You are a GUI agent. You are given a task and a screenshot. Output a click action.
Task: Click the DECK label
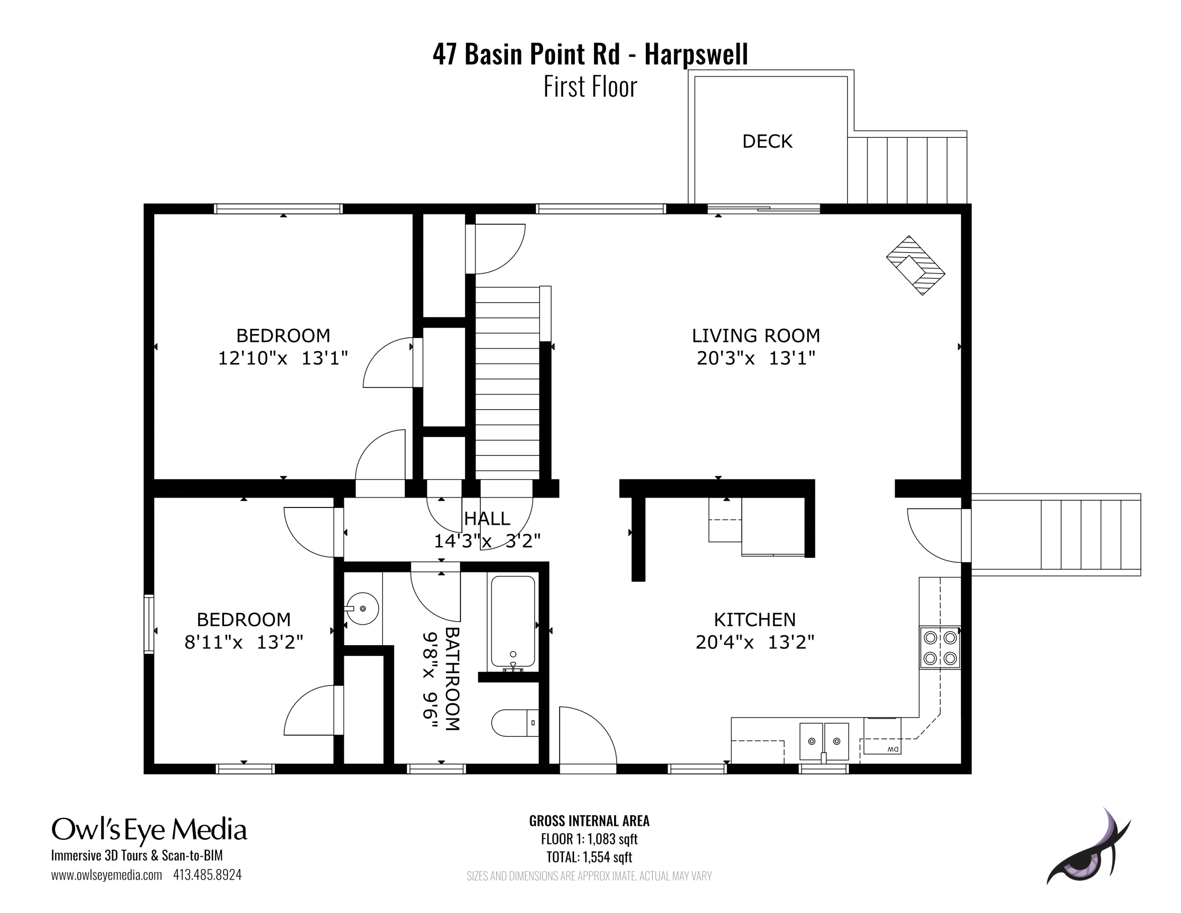[767, 141]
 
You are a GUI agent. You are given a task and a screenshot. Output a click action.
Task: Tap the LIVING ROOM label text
[755, 335]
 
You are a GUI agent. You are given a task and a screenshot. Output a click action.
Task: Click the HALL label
[487, 518]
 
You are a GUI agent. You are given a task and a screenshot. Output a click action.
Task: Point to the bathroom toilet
[514, 723]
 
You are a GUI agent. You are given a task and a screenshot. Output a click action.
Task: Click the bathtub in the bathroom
[513, 622]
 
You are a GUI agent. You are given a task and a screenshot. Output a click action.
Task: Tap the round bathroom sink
[362, 609]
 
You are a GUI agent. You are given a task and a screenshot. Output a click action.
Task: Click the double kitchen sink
[824, 741]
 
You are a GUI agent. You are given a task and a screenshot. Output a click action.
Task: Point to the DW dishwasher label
[892, 749]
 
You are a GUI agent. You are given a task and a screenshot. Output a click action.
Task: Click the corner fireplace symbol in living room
[915, 265]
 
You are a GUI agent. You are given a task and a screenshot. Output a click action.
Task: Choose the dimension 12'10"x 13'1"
[282, 358]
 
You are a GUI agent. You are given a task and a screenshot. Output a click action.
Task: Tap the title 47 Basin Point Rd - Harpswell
[590, 54]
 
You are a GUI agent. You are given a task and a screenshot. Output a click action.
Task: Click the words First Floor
[590, 87]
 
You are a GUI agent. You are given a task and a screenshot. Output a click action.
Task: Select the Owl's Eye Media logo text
[149, 829]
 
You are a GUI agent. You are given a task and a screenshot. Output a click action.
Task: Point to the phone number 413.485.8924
[207, 875]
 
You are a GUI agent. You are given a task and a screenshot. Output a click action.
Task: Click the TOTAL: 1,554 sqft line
[589, 857]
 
